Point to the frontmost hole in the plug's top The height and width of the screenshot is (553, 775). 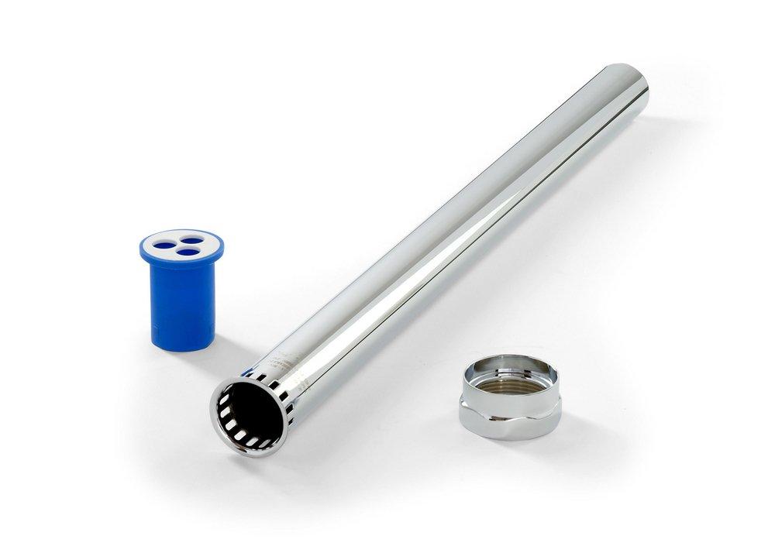pos(184,252)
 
